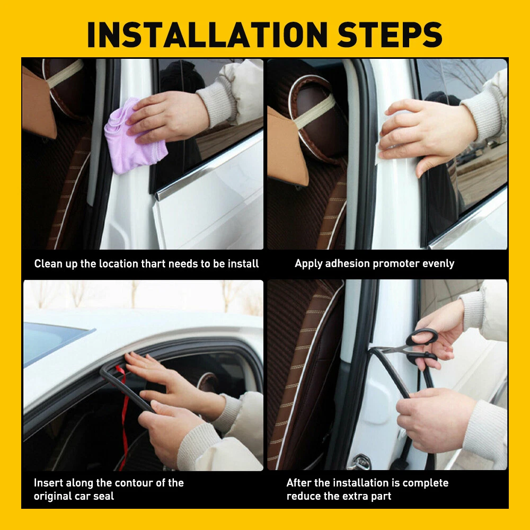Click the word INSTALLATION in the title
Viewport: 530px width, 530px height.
click(207, 35)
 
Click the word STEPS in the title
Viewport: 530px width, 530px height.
click(390, 35)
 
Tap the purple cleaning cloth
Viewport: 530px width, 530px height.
click(133, 137)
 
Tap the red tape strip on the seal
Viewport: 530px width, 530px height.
click(123, 416)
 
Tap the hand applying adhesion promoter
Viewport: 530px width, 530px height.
click(427, 135)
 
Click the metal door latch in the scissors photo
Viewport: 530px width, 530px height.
click(360, 462)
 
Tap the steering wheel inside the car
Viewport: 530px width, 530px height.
click(208, 382)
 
